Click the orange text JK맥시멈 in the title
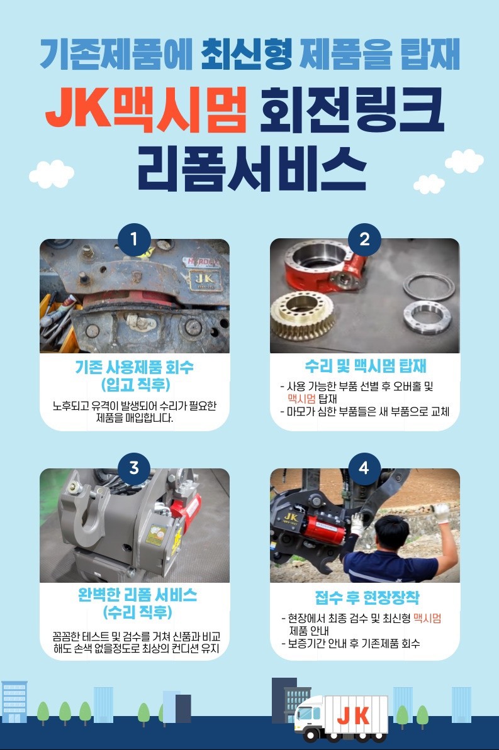(146, 109)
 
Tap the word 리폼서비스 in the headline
(252, 168)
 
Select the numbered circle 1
(134, 239)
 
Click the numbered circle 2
(364, 239)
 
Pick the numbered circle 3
(134, 467)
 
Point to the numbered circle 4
(364, 467)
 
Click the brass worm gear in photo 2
(303, 314)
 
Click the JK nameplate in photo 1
(205, 280)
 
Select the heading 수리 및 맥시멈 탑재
(366, 367)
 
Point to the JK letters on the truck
(354, 716)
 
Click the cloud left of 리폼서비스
(51, 174)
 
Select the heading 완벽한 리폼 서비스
(137, 595)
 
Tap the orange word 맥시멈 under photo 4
(427, 618)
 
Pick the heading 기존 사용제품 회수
(135, 367)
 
